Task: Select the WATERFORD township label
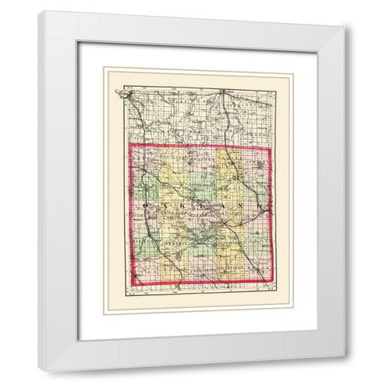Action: point(203,213)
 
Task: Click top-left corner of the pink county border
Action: point(130,146)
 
